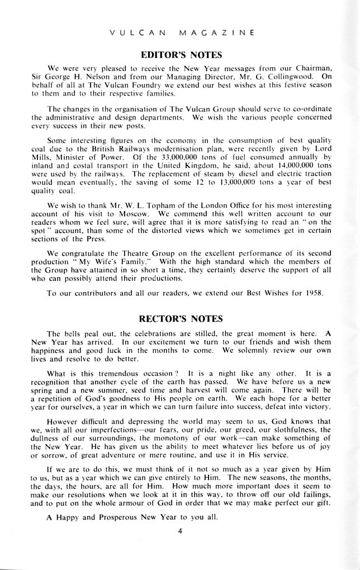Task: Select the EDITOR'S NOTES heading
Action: pyautogui.click(x=182, y=55)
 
